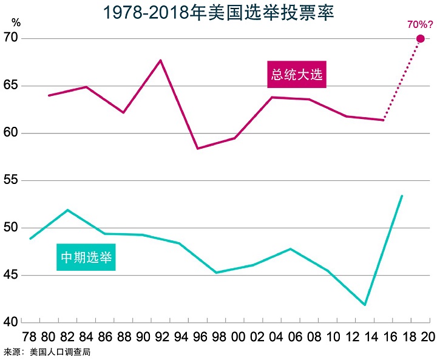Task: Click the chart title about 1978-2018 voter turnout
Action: (218, 13)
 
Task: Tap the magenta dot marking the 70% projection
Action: (420, 39)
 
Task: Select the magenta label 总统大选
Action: (297, 75)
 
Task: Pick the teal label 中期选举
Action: (86, 257)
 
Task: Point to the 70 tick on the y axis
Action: (12, 38)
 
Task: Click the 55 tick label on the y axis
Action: (12, 181)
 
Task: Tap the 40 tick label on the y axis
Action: (12, 322)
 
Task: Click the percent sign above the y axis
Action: (16, 22)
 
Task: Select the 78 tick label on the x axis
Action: (29, 337)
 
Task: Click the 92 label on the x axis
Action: (160, 337)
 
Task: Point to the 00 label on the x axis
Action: (234, 337)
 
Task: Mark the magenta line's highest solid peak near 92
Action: (160, 60)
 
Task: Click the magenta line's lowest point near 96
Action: (197, 148)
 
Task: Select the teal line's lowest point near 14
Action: (365, 305)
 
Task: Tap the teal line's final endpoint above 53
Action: (402, 195)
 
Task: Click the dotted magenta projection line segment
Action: (402, 79)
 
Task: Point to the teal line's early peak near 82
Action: (67, 210)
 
